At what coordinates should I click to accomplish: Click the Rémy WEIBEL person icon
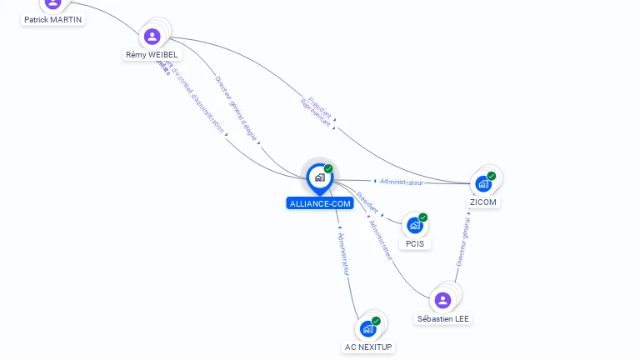(x=152, y=37)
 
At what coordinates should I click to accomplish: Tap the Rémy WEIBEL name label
(x=152, y=55)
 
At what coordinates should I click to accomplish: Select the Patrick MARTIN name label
(x=53, y=19)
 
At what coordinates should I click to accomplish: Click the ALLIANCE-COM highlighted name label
(x=320, y=203)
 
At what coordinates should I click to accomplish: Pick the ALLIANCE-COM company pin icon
(x=319, y=177)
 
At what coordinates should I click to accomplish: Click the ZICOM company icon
(x=483, y=184)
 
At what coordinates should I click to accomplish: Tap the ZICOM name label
(x=483, y=202)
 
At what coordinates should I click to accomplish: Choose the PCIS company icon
(x=415, y=225)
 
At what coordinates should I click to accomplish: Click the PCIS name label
(x=415, y=244)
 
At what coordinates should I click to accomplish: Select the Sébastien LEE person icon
(x=443, y=300)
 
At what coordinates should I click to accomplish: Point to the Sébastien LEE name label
(x=443, y=319)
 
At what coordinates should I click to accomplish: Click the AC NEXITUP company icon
(x=367, y=329)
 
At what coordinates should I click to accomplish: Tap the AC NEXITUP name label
(x=368, y=347)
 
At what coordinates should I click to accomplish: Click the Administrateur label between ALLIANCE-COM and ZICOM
(x=400, y=182)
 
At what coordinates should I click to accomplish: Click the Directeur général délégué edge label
(x=237, y=109)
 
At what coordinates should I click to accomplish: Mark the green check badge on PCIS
(x=423, y=217)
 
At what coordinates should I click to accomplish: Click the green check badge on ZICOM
(x=492, y=176)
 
